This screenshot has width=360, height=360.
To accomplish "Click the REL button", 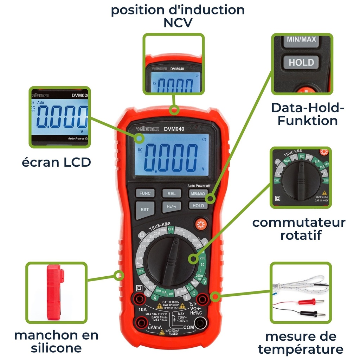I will point(171,193).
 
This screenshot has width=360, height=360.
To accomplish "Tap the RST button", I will point(144,210).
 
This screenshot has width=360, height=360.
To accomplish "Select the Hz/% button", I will point(171,207).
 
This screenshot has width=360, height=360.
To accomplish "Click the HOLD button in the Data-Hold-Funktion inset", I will point(301,63).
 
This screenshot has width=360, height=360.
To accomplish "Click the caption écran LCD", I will point(56,162).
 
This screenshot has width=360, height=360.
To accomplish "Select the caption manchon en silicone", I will point(56,341).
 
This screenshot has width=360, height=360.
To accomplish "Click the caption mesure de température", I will point(300,343).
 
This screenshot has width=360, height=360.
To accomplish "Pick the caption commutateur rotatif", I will point(299,229).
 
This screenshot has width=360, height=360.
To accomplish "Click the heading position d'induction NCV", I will point(178,16).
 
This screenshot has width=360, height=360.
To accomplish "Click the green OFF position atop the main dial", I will point(171,230).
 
